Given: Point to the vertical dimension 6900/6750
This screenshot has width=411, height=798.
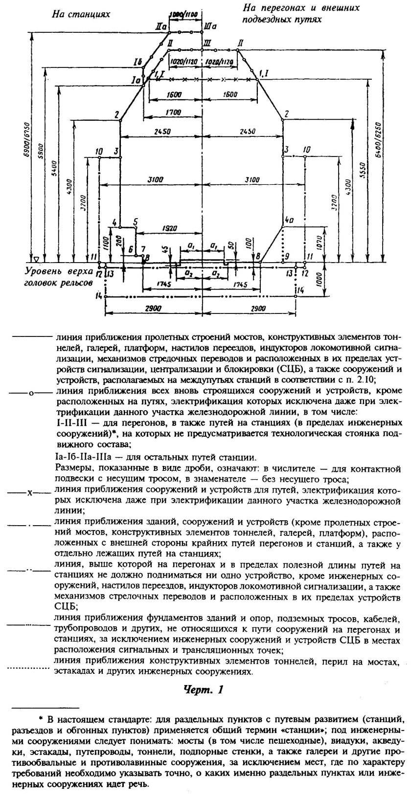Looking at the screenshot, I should coord(27,142).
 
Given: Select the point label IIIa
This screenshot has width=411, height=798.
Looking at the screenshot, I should coord(210,24).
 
